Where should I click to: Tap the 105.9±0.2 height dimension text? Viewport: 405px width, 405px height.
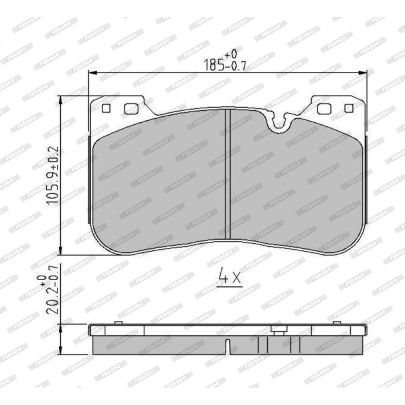[x=52, y=176]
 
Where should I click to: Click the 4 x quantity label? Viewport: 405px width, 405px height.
[x=229, y=275]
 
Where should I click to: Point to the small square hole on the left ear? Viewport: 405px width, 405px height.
[x=106, y=108]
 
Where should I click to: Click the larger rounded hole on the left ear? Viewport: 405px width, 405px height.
[x=131, y=109]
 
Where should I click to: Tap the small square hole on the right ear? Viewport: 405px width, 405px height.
[x=349, y=108]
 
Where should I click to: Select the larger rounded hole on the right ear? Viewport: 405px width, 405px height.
[x=324, y=109]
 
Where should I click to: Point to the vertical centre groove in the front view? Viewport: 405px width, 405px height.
[x=228, y=174]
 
